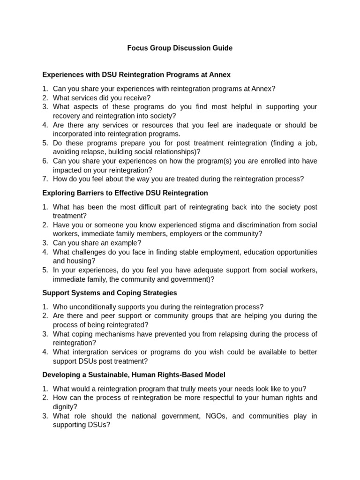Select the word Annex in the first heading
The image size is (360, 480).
coord(220,75)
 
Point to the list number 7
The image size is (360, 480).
coord(45,179)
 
